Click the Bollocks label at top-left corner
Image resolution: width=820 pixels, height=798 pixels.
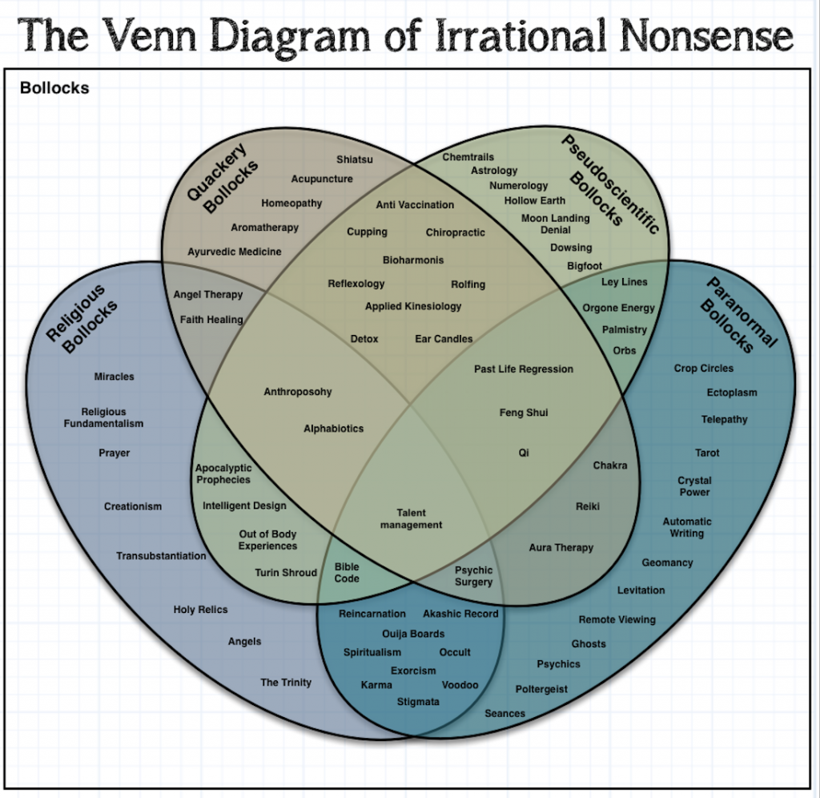pyautogui.click(x=54, y=88)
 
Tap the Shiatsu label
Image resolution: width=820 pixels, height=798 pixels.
pyautogui.click(x=354, y=159)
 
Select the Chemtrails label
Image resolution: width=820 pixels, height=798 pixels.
pyautogui.click(x=468, y=157)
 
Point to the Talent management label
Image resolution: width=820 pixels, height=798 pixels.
pyautogui.click(x=411, y=519)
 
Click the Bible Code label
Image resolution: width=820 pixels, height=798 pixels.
pyautogui.click(x=347, y=572)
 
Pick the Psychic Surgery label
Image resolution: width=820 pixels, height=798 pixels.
pyautogui.click(x=473, y=576)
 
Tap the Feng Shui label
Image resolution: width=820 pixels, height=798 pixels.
pyautogui.click(x=523, y=413)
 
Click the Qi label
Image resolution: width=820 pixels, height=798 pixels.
pyautogui.click(x=524, y=453)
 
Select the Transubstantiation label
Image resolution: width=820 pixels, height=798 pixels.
pyautogui.click(x=161, y=556)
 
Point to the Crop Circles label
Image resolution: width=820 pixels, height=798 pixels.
pyautogui.click(x=703, y=369)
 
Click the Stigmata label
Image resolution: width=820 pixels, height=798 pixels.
pyautogui.click(x=418, y=702)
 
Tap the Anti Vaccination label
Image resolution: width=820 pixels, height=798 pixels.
pyautogui.click(x=415, y=205)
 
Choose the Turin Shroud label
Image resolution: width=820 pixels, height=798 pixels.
pyautogui.click(x=286, y=573)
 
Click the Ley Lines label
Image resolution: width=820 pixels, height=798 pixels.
pyautogui.click(x=624, y=282)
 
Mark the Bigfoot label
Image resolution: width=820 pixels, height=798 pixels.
pyautogui.click(x=584, y=266)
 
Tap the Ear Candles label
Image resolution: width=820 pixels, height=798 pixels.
pyautogui.click(x=444, y=339)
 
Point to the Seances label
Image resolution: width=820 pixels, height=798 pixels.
pyautogui.click(x=504, y=714)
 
